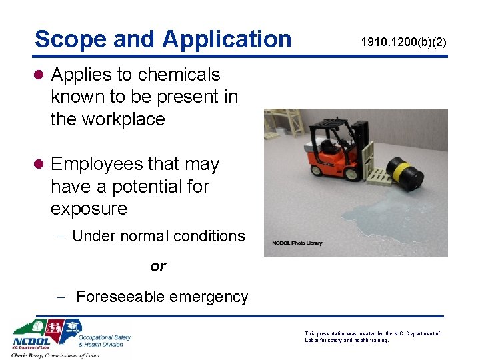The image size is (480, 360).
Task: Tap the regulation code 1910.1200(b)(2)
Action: (x=404, y=42)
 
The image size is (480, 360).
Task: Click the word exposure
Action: (x=89, y=209)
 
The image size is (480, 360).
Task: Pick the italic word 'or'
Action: (x=158, y=267)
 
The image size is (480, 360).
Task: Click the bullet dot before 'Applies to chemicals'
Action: (x=39, y=75)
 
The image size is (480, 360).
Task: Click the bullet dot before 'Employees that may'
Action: (x=39, y=164)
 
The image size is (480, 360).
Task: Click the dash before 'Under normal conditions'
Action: (x=61, y=236)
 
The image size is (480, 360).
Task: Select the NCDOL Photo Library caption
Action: (x=297, y=243)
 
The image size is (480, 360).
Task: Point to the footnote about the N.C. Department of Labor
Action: (x=372, y=336)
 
